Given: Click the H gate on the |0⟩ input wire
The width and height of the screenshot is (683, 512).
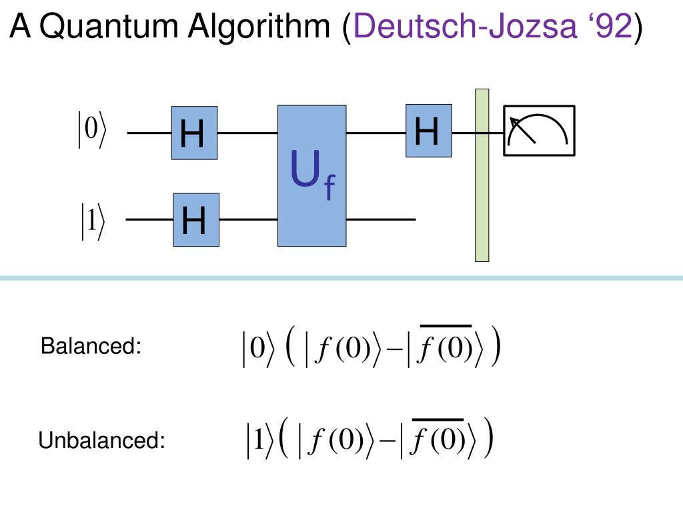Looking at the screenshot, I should (x=194, y=133).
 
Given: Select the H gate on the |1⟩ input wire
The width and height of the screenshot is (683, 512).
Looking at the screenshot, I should (x=195, y=219).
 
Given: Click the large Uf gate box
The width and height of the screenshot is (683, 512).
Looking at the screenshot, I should (x=311, y=175).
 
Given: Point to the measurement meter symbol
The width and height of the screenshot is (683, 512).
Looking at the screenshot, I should (x=538, y=131).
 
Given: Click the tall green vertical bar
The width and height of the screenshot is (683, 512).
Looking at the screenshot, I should (x=482, y=175).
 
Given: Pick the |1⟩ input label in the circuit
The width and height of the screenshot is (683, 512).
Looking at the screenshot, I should (x=89, y=223).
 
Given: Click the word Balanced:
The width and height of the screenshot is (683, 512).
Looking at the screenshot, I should (x=91, y=347).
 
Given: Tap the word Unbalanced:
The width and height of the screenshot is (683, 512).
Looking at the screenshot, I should (x=101, y=441).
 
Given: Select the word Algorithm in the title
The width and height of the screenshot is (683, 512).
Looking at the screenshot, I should (x=258, y=28).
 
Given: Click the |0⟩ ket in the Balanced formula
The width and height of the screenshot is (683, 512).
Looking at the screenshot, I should (x=257, y=349).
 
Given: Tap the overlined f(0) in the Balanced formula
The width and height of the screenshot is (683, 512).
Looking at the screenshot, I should (x=444, y=348).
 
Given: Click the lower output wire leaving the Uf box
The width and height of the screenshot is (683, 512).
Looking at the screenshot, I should (x=381, y=219).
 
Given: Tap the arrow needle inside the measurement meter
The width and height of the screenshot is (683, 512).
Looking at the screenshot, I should (x=522, y=130).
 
